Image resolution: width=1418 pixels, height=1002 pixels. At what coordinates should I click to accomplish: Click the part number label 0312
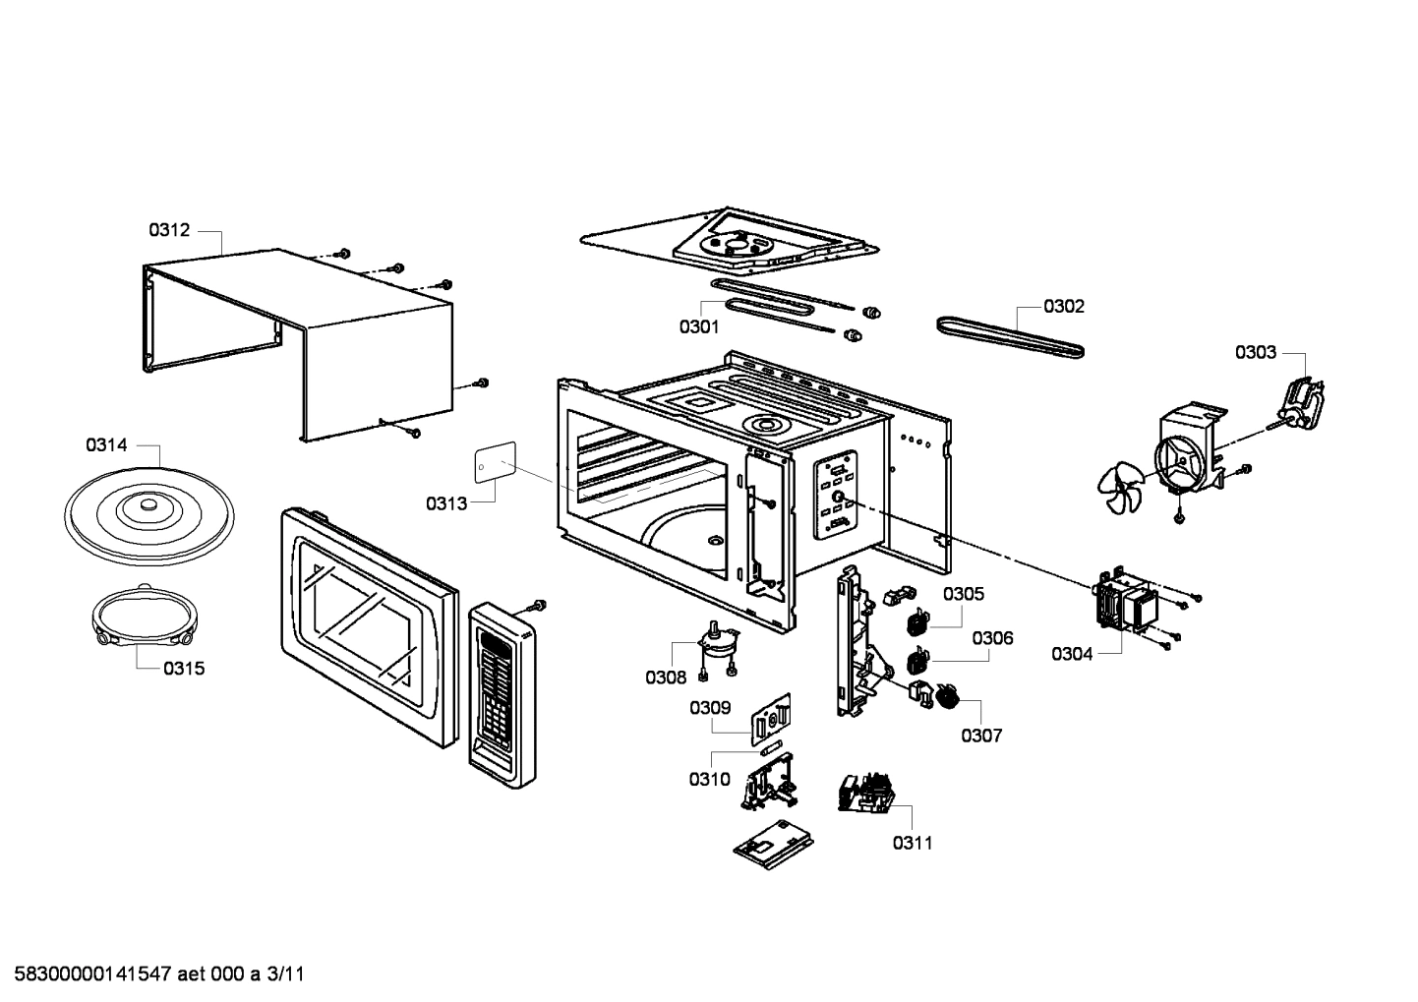(x=168, y=230)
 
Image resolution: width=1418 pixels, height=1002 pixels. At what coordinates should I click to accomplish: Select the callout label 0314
(x=106, y=445)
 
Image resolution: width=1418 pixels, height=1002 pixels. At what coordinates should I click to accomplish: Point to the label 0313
(x=446, y=504)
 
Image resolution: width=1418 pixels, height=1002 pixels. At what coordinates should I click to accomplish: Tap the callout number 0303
(x=1256, y=352)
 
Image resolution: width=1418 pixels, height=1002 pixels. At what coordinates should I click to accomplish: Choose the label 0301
(x=698, y=326)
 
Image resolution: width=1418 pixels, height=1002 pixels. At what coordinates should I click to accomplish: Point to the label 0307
(x=981, y=736)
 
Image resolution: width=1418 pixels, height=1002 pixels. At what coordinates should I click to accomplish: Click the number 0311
(x=913, y=842)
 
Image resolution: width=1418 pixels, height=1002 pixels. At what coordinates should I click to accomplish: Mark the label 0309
(x=709, y=707)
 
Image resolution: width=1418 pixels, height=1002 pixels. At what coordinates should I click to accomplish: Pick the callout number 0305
(x=964, y=594)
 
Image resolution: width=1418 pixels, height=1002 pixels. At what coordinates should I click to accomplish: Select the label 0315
(x=184, y=669)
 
